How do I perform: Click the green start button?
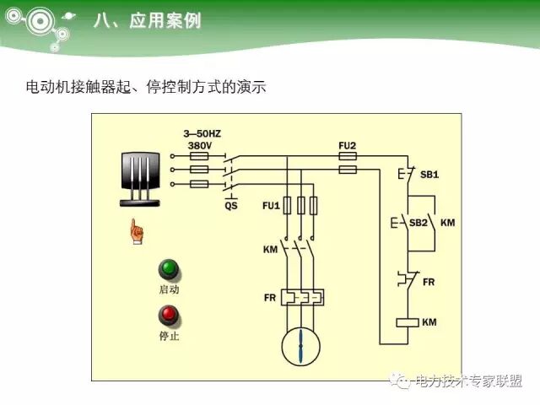click(169, 270)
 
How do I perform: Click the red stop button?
click(169, 316)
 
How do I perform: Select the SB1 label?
click(429, 175)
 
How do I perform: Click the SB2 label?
click(418, 223)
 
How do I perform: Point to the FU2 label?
click(347, 146)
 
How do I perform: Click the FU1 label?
click(271, 205)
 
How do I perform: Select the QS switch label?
click(231, 205)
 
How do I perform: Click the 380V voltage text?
click(200, 145)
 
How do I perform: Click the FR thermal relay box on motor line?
click(301, 298)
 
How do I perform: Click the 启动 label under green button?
click(169, 289)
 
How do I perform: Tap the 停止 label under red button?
click(169, 336)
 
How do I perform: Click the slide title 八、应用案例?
click(147, 21)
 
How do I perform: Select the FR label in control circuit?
click(429, 281)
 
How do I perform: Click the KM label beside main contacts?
click(271, 251)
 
